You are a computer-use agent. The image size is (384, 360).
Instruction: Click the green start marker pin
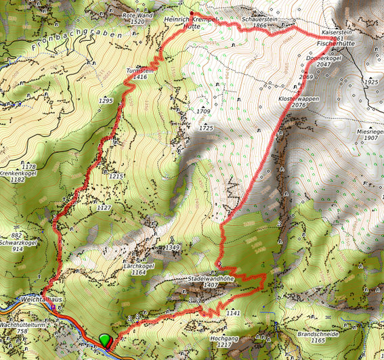click(x=105, y=340)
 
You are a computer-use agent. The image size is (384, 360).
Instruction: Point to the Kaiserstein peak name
click(x=337, y=32)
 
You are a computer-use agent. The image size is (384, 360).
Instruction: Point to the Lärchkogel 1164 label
click(x=140, y=269)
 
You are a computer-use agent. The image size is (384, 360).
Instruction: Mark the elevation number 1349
click(x=173, y=248)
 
